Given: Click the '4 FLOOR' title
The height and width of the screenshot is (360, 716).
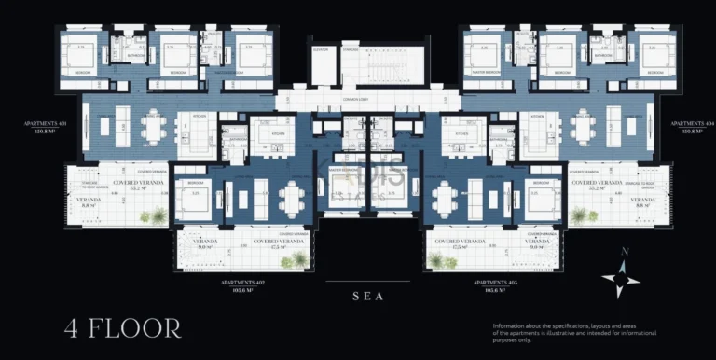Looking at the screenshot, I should point(122,327).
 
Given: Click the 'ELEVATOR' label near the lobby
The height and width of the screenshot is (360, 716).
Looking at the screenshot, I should point(322,49).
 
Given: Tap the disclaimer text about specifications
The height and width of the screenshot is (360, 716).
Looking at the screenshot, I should point(574,333).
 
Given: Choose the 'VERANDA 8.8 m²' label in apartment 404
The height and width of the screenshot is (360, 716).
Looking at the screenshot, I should point(641,202).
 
